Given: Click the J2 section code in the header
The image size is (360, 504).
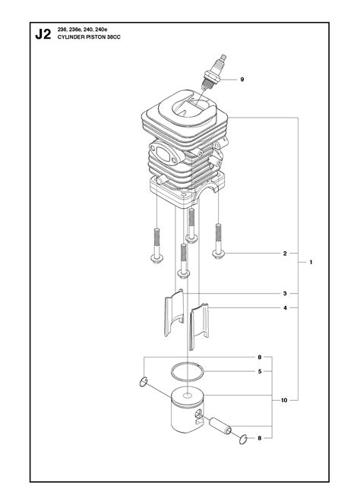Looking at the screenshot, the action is [43, 34].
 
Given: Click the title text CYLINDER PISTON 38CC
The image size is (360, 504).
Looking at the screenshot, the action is [89, 37].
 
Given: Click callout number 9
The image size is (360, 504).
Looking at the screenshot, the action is [242, 80].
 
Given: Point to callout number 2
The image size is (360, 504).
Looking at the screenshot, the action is [285, 254].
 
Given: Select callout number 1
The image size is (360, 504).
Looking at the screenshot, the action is [311, 263].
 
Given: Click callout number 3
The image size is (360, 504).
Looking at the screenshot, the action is [285, 294].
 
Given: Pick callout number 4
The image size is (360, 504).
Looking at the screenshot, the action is [285, 308].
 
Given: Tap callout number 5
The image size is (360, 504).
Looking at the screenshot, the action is [260, 372].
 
